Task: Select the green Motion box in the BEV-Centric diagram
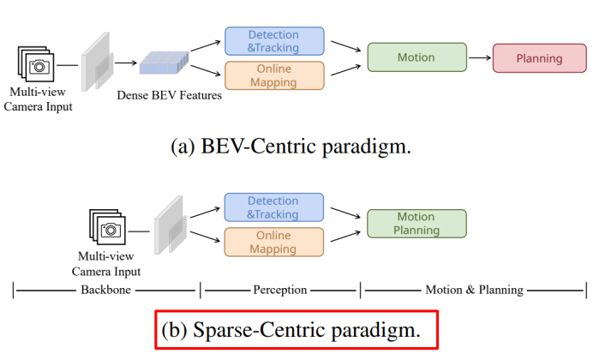coord(416,57)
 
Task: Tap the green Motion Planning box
coord(416,224)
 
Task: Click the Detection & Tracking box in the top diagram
coord(274,40)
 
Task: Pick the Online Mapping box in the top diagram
coord(274,75)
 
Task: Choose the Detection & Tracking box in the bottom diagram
coord(274,207)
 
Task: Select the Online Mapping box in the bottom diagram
coord(274,242)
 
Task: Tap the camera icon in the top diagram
coord(37,64)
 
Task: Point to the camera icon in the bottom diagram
coord(109,228)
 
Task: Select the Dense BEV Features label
coord(169,95)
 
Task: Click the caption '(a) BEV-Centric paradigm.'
coord(291,146)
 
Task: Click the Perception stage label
coord(280,290)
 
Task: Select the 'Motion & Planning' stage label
coord(474,290)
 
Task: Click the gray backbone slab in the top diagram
coord(96,62)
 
